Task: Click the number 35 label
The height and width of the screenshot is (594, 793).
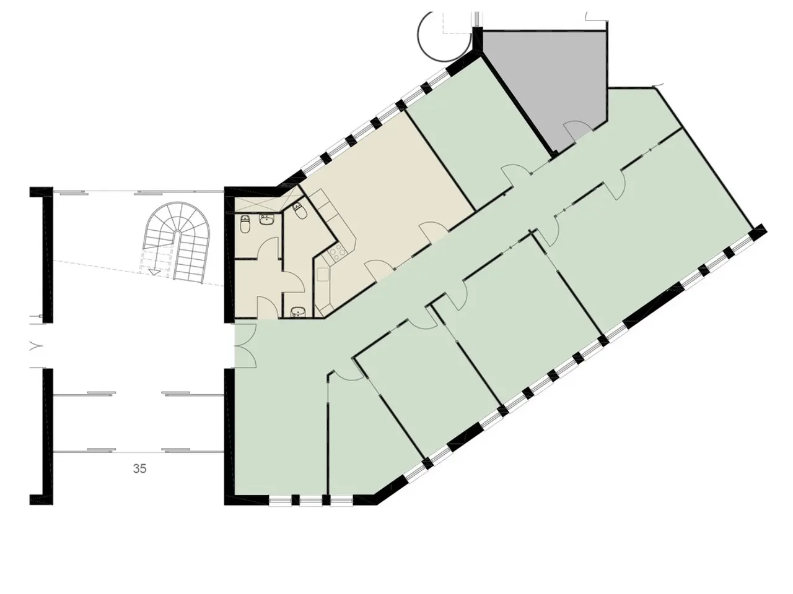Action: pyautogui.click(x=139, y=468)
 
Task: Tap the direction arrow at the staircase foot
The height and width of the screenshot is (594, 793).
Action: pyautogui.click(x=154, y=272)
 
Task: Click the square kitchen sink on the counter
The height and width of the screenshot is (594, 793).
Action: pyautogui.click(x=323, y=275)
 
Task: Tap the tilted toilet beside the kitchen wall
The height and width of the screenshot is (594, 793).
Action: pyautogui.click(x=299, y=212)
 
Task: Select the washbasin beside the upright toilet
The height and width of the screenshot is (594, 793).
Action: pyautogui.click(x=267, y=220)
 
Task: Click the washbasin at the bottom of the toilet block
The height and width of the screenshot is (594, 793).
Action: pyautogui.click(x=298, y=311)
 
